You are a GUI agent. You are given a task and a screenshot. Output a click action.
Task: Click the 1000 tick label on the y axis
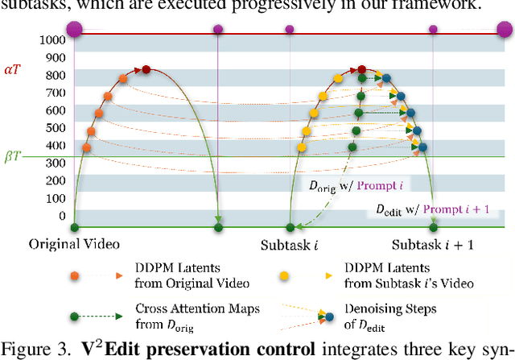[x=52, y=39]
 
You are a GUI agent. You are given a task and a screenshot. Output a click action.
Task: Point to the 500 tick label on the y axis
[x=55, y=127]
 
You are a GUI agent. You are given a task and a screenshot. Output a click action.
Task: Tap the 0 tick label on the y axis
[x=61, y=216]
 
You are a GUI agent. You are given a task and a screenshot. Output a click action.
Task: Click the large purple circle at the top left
[x=74, y=30]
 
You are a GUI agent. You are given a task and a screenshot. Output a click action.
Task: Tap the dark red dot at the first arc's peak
[x=146, y=70]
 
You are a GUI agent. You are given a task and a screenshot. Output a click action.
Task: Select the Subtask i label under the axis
[x=289, y=244]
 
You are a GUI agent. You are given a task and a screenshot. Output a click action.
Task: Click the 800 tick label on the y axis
[x=55, y=75]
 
